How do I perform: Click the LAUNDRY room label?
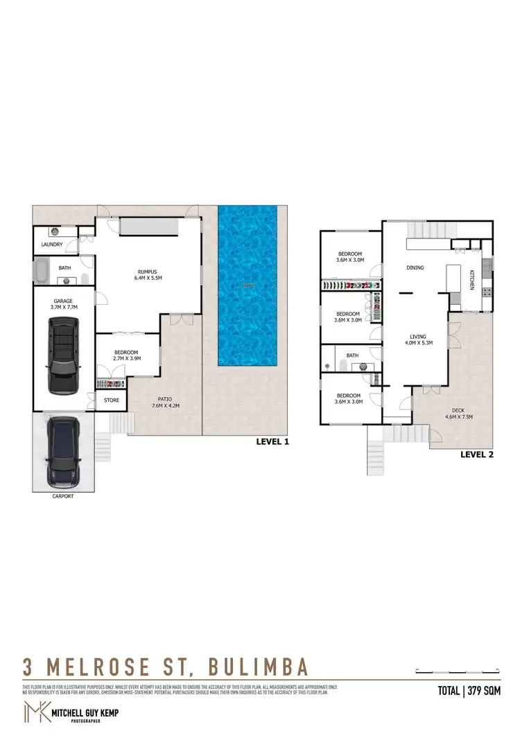point(52,245)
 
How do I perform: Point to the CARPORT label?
point(63,496)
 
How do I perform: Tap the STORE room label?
point(112,400)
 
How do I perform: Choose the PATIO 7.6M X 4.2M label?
point(164,403)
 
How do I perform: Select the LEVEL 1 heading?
point(272,441)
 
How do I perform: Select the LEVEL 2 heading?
point(477,455)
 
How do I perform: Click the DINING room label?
point(415,267)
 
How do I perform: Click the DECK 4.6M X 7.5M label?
point(458,412)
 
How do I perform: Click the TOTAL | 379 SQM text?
point(469,690)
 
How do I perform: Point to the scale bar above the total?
point(458,671)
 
